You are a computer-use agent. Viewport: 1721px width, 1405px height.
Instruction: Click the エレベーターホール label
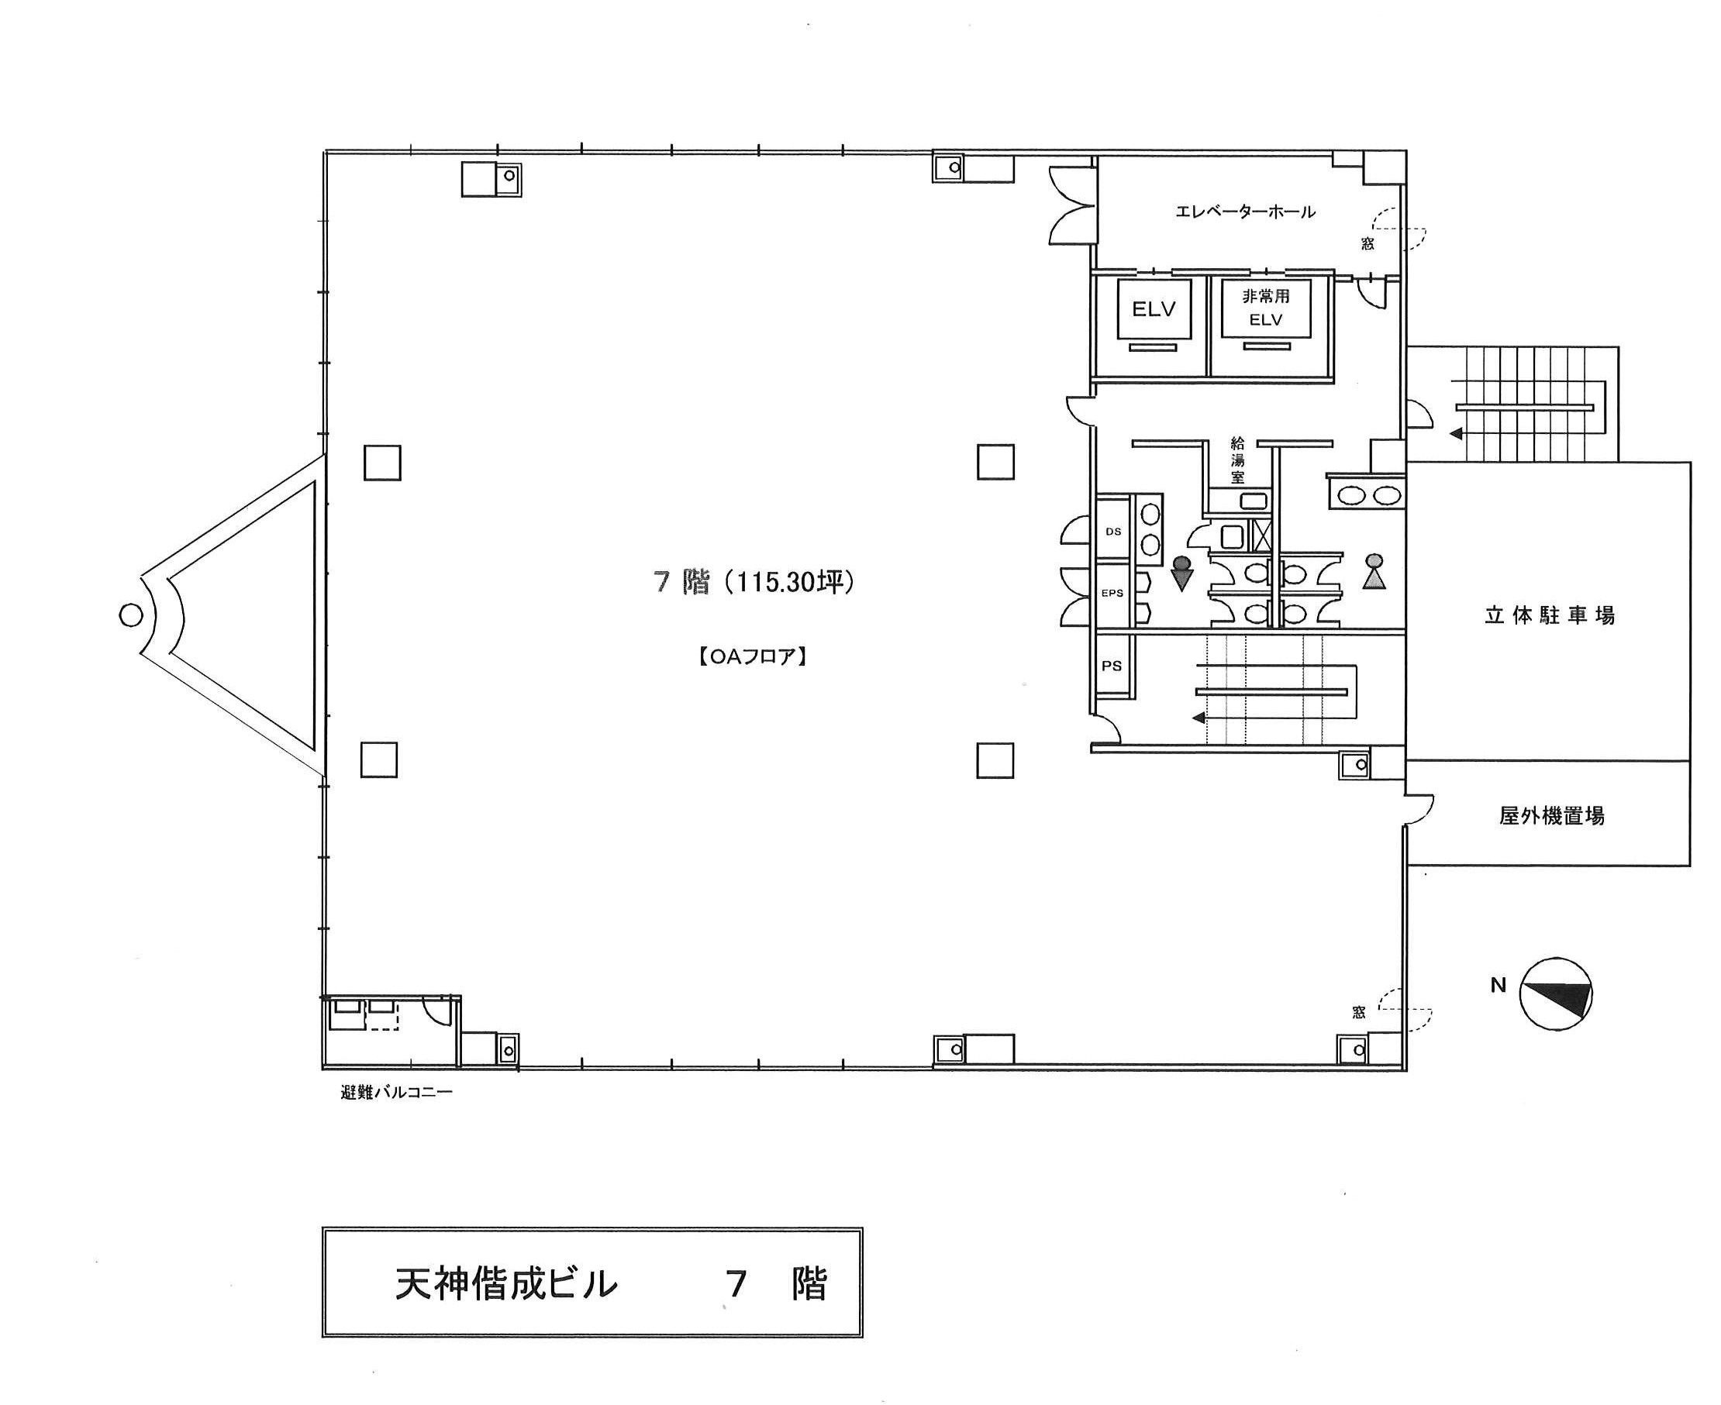click(x=1245, y=212)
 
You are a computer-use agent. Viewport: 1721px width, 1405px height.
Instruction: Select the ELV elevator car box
click(x=1154, y=308)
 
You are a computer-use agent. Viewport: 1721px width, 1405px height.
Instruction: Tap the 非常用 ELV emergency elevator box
click(x=1265, y=308)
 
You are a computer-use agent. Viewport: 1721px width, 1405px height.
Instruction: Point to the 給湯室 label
click(x=1238, y=460)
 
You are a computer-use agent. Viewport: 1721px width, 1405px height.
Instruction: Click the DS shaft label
click(x=1113, y=532)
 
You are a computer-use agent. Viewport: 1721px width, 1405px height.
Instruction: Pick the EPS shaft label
click(x=1112, y=594)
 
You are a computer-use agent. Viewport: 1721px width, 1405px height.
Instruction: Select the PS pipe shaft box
click(x=1112, y=665)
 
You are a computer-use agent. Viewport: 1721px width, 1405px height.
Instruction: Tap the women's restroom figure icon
click(x=1374, y=570)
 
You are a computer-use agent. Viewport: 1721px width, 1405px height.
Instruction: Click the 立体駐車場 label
click(x=1550, y=616)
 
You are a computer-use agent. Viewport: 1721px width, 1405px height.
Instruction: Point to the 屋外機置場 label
click(x=1551, y=816)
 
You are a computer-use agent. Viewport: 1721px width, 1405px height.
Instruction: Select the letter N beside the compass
click(x=1499, y=986)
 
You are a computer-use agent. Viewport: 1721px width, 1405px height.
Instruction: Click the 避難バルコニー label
click(x=397, y=1093)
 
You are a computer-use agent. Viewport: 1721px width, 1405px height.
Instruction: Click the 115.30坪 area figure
click(x=791, y=583)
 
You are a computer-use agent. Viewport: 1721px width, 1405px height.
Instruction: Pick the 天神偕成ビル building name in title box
click(x=506, y=1284)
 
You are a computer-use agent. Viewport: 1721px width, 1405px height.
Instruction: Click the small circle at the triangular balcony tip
click(x=130, y=616)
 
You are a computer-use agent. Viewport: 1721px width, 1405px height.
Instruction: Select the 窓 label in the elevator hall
click(x=1367, y=243)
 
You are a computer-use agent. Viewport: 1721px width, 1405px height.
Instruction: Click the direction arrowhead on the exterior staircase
click(x=1455, y=435)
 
